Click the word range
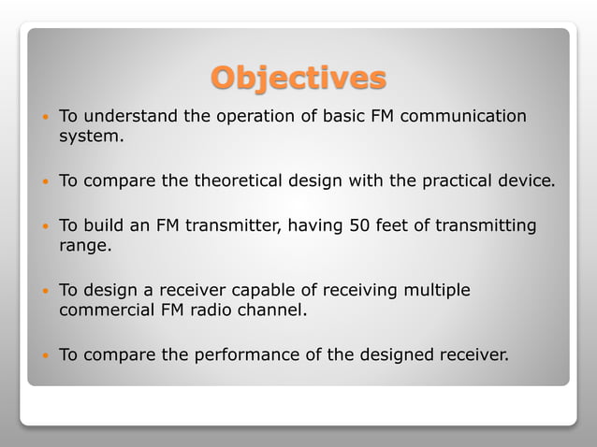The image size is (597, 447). pyautogui.click(x=84, y=246)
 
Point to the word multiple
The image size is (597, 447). pyautogui.click(x=437, y=291)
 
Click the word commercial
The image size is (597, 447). pyautogui.click(x=106, y=310)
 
